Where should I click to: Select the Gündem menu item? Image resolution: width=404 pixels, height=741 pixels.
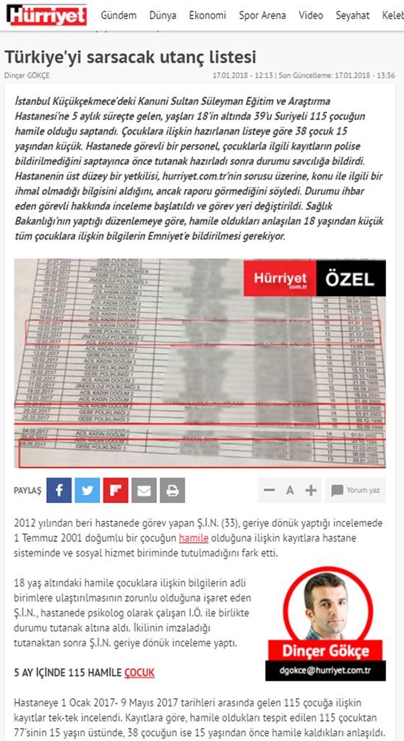pyautogui.click(x=119, y=15)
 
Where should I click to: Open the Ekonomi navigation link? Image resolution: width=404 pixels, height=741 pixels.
pyautogui.click(x=207, y=15)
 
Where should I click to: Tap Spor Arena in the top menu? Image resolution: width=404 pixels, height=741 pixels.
pyautogui.click(x=263, y=15)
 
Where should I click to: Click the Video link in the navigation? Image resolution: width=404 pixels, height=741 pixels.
pyautogui.click(x=311, y=15)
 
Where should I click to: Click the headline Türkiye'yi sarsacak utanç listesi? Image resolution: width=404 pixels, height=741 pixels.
pyautogui.click(x=131, y=56)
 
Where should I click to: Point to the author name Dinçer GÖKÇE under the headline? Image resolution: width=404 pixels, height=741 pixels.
pyautogui.click(x=27, y=75)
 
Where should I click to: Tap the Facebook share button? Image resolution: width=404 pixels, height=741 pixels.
pyautogui.click(x=59, y=491)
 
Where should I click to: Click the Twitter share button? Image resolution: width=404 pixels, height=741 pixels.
pyautogui.click(x=87, y=491)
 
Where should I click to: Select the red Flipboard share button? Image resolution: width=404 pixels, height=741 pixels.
pyautogui.click(x=116, y=491)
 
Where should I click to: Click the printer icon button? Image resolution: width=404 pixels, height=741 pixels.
pyautogui.click(x=172, y=491)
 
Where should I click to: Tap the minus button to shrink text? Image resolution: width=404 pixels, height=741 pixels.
pyautogui.click(x=270, y=491)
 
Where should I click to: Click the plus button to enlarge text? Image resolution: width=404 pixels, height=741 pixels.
pyautogui.click(x=311, y=491)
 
